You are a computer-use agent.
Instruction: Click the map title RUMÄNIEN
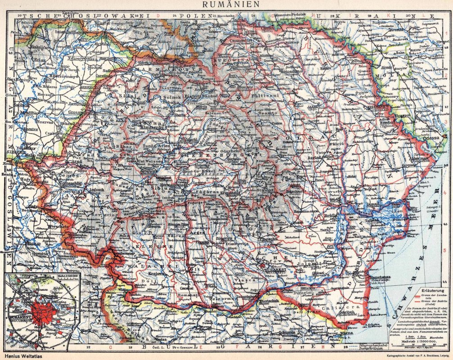tap(226, 4)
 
